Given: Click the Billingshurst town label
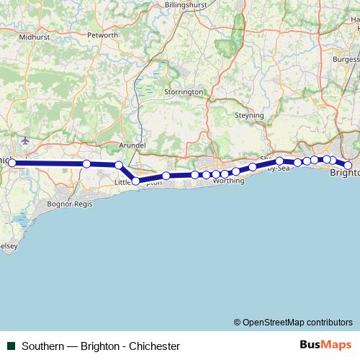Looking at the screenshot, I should tap(188, 4).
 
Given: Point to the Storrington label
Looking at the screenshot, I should tap(184, 92).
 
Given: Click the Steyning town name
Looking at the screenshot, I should tap(250, 115).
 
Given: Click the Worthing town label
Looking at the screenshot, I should tap(228, 180).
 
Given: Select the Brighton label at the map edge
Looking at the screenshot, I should tap(344, 174).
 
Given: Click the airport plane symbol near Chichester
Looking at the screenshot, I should tap(27, 140).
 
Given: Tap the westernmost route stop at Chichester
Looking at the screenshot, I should tap(12, 163).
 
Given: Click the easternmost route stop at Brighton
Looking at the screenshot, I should tap(348, 166).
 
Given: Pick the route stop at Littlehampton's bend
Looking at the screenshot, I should tap(135, 181).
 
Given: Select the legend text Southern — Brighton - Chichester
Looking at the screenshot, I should tap(101, 346).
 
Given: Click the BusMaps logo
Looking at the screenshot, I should tap(323, 345).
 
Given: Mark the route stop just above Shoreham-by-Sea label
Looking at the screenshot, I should tap(279, 161).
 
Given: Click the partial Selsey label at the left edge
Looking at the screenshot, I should tap(7, 246).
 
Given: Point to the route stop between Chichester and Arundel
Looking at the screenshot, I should tap(86, 164).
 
